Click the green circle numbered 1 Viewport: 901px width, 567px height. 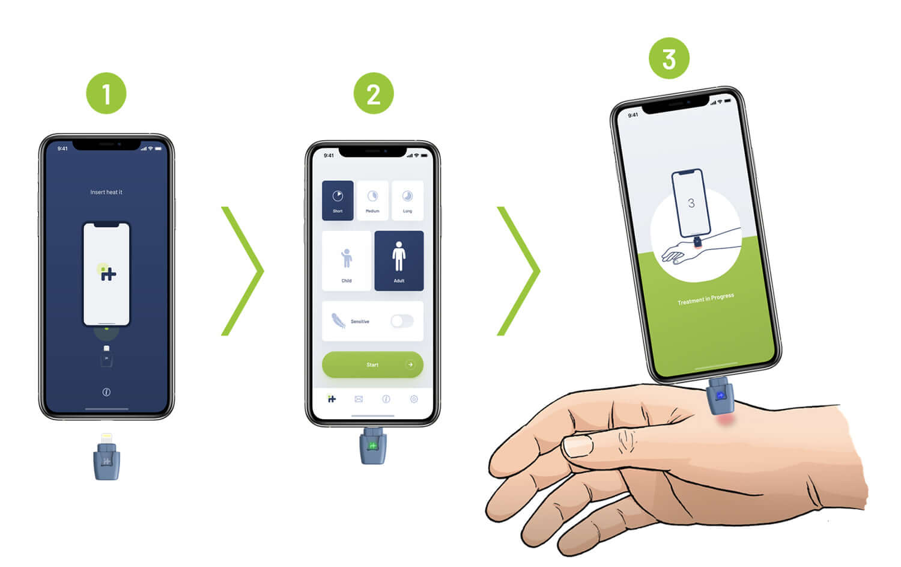106,94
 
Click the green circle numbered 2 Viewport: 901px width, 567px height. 373,94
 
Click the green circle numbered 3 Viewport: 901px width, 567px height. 669,59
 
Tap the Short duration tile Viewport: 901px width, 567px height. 338,200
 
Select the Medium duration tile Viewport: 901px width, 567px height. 372,200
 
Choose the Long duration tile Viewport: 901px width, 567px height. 407,200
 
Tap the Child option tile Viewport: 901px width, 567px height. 347,261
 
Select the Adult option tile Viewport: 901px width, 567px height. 399,261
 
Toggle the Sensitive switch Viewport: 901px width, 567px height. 401,321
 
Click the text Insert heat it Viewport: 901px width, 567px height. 106,192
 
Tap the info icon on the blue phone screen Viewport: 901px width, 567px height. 106,392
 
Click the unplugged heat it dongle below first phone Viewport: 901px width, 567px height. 106,458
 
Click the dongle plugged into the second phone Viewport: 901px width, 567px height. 372,446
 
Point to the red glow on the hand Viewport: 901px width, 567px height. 726,418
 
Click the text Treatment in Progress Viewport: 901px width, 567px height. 705,299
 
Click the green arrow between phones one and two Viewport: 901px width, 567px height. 243,271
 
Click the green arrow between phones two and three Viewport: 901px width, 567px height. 519,271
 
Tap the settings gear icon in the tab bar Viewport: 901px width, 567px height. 414,399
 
